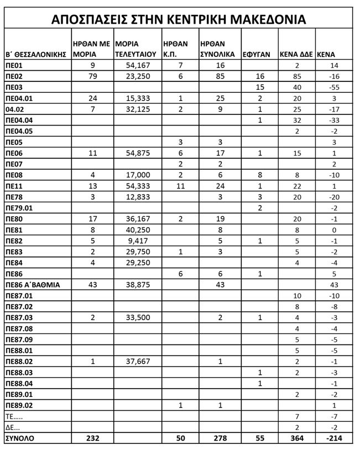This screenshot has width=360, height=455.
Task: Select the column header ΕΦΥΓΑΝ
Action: coord(257,54)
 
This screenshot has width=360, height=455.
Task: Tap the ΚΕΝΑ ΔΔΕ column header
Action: coord(296,54)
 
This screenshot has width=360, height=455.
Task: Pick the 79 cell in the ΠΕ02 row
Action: coord(92,76)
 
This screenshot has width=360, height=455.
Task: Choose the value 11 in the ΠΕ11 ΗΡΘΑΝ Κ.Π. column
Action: coord(180,185)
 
